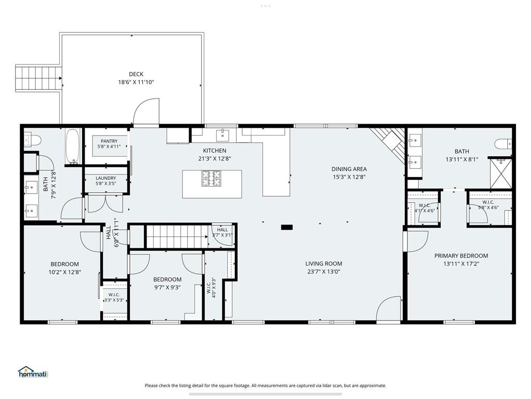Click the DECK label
click(136, 74)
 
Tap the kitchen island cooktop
click(211, 179)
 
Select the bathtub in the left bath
click(73, 147)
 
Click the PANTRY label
click(109, 141)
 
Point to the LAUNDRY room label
click(105, 178)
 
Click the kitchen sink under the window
click(222, 135)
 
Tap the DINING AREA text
click(349, 169)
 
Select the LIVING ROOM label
click(323, 263)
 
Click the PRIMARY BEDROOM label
click(461, 256)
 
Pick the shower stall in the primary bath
click(501, 174)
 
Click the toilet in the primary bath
click(503, 143)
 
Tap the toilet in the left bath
click(33, 139)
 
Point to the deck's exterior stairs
click(38, 78)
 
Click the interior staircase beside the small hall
click(177, 236)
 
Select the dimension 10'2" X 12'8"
click(64, 272)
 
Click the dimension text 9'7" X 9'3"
click(167, 287)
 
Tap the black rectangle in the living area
click(287, 227)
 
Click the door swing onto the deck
click(146, 111)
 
